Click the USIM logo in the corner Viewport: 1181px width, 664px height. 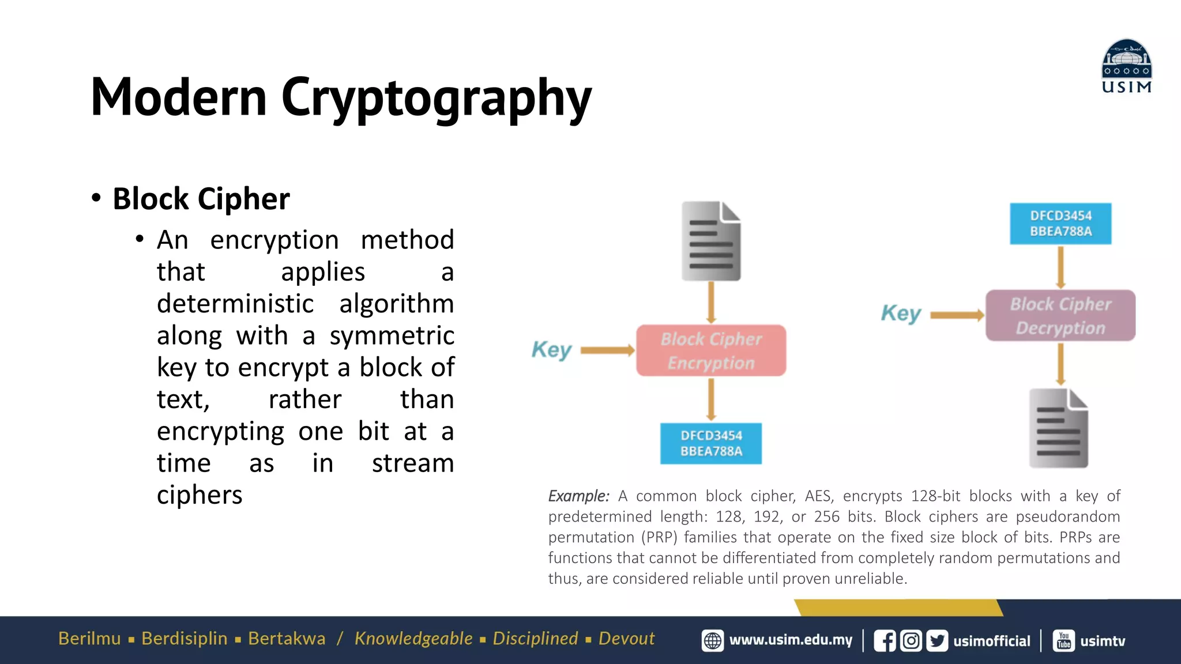1126,66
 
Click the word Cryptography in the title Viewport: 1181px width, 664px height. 436,98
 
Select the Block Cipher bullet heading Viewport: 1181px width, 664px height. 201,199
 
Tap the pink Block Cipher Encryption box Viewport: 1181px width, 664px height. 710,350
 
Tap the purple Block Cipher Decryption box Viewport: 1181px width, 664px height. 1060,315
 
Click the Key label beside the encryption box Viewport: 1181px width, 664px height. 551,349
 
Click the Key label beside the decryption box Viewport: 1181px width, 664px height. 901,314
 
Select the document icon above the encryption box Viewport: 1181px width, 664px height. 711,241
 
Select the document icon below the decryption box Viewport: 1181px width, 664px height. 1058,428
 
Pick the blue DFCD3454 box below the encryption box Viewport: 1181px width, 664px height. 710,443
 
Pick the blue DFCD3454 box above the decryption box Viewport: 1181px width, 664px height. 1060,224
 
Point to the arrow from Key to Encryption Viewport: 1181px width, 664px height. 607,350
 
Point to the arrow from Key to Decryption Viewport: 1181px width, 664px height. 957,315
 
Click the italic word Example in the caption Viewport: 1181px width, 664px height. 578,496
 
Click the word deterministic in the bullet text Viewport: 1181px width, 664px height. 235,304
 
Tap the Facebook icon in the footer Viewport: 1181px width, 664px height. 885,641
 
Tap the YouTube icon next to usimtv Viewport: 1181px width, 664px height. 1064,641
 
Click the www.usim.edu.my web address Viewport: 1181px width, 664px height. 791,640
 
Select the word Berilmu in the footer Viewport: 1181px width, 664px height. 89,639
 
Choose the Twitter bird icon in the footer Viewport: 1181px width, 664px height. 937,641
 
